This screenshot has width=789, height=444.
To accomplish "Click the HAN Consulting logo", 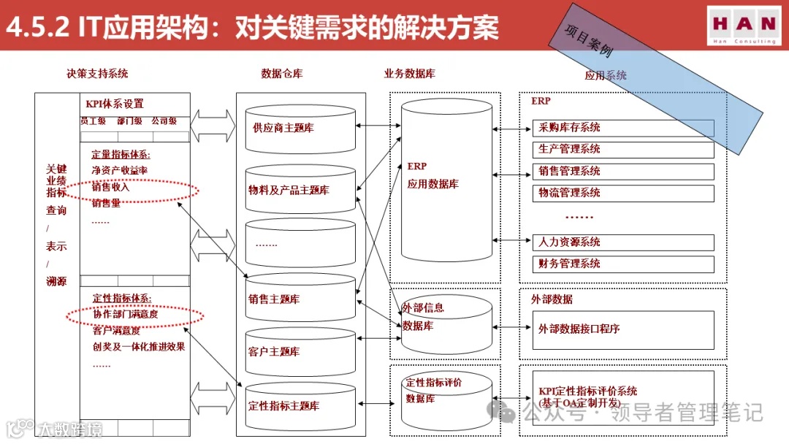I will [x=744, y=26].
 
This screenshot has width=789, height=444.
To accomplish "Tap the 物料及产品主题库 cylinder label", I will [x=289, y=190].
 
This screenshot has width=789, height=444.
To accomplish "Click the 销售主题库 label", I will [x=274, y=299].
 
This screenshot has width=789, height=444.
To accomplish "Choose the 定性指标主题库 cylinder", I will [x=283, y=405].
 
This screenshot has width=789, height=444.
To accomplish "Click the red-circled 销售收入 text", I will [x=110, y=187].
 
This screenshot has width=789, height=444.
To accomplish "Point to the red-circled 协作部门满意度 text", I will [x=125, y=314].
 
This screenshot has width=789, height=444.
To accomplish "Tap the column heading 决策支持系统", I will [x=96, y=73].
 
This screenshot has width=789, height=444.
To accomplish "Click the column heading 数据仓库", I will [x=282, y=73].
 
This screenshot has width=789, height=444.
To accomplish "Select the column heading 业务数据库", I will [x=410, y=73].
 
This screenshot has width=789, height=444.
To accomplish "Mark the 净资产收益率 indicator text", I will [x=119, y=170].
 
